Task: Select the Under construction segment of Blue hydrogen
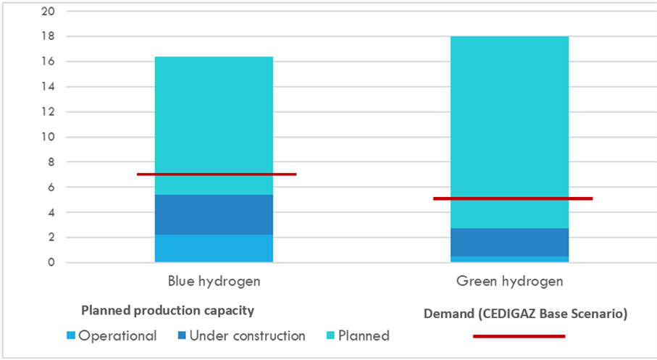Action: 214,214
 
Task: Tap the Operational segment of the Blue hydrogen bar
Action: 214,248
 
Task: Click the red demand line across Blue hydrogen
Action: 217,174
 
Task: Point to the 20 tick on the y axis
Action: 49,12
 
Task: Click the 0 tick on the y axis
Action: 51,262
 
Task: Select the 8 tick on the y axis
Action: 51,162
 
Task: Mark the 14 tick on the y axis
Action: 49,87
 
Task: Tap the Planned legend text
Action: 365,336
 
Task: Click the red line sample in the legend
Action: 518,336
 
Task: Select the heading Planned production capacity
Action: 167,311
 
